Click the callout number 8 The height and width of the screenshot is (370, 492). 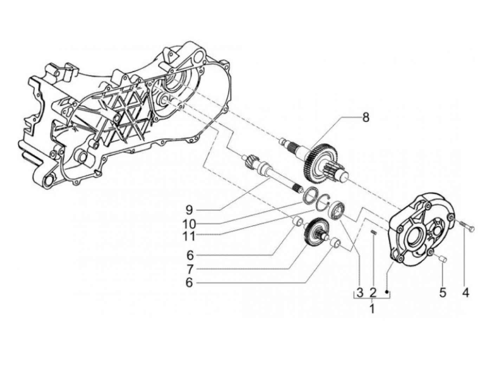pos(365,118)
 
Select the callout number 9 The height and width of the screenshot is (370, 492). pos(189,210)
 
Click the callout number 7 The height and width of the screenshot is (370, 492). pos(189,269)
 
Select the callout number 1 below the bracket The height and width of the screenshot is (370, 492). pos(372,309)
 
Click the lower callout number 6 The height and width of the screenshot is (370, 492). pos(189,282)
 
